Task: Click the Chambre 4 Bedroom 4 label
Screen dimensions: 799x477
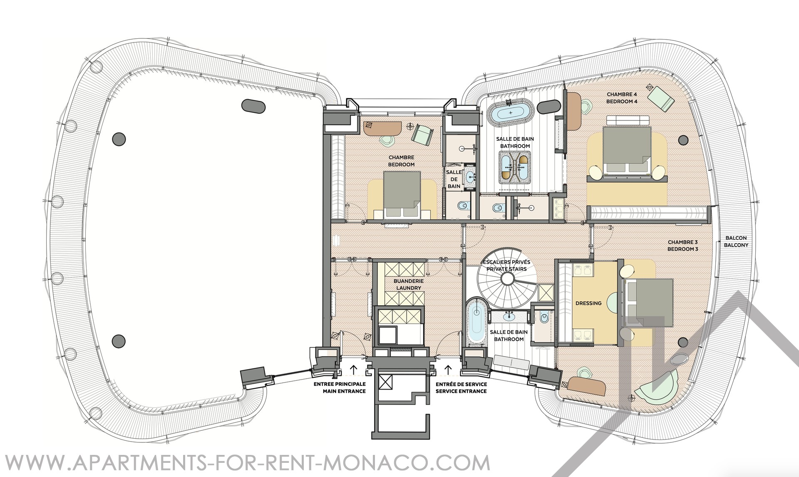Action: coord(622,98)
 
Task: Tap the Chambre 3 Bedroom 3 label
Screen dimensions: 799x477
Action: coord(682,245)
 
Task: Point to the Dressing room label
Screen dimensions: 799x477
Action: coord(588,303)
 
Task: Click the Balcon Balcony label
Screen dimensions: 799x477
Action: coord(736,242)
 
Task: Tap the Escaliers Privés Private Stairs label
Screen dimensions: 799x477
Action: coord(506,265)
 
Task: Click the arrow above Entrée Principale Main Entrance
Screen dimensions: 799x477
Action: coord(353,369)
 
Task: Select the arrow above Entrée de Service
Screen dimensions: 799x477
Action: coord(449,369)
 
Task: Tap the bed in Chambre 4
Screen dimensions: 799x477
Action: coord(626,150)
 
